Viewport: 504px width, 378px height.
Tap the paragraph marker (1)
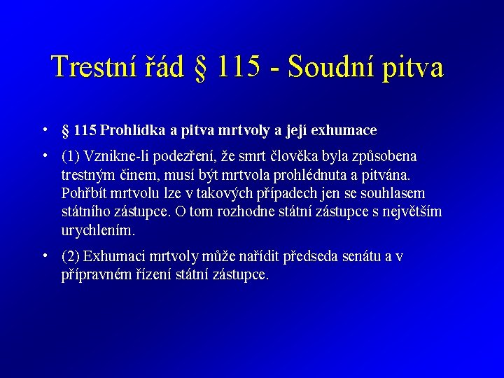[x=71, y=156]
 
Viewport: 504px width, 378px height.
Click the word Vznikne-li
[x=116, y=156]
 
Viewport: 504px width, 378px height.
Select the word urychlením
[x=97, y=230]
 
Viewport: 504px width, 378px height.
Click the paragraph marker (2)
[x=71, y=257]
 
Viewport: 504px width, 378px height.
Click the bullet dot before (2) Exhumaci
[x=44, y=255]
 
